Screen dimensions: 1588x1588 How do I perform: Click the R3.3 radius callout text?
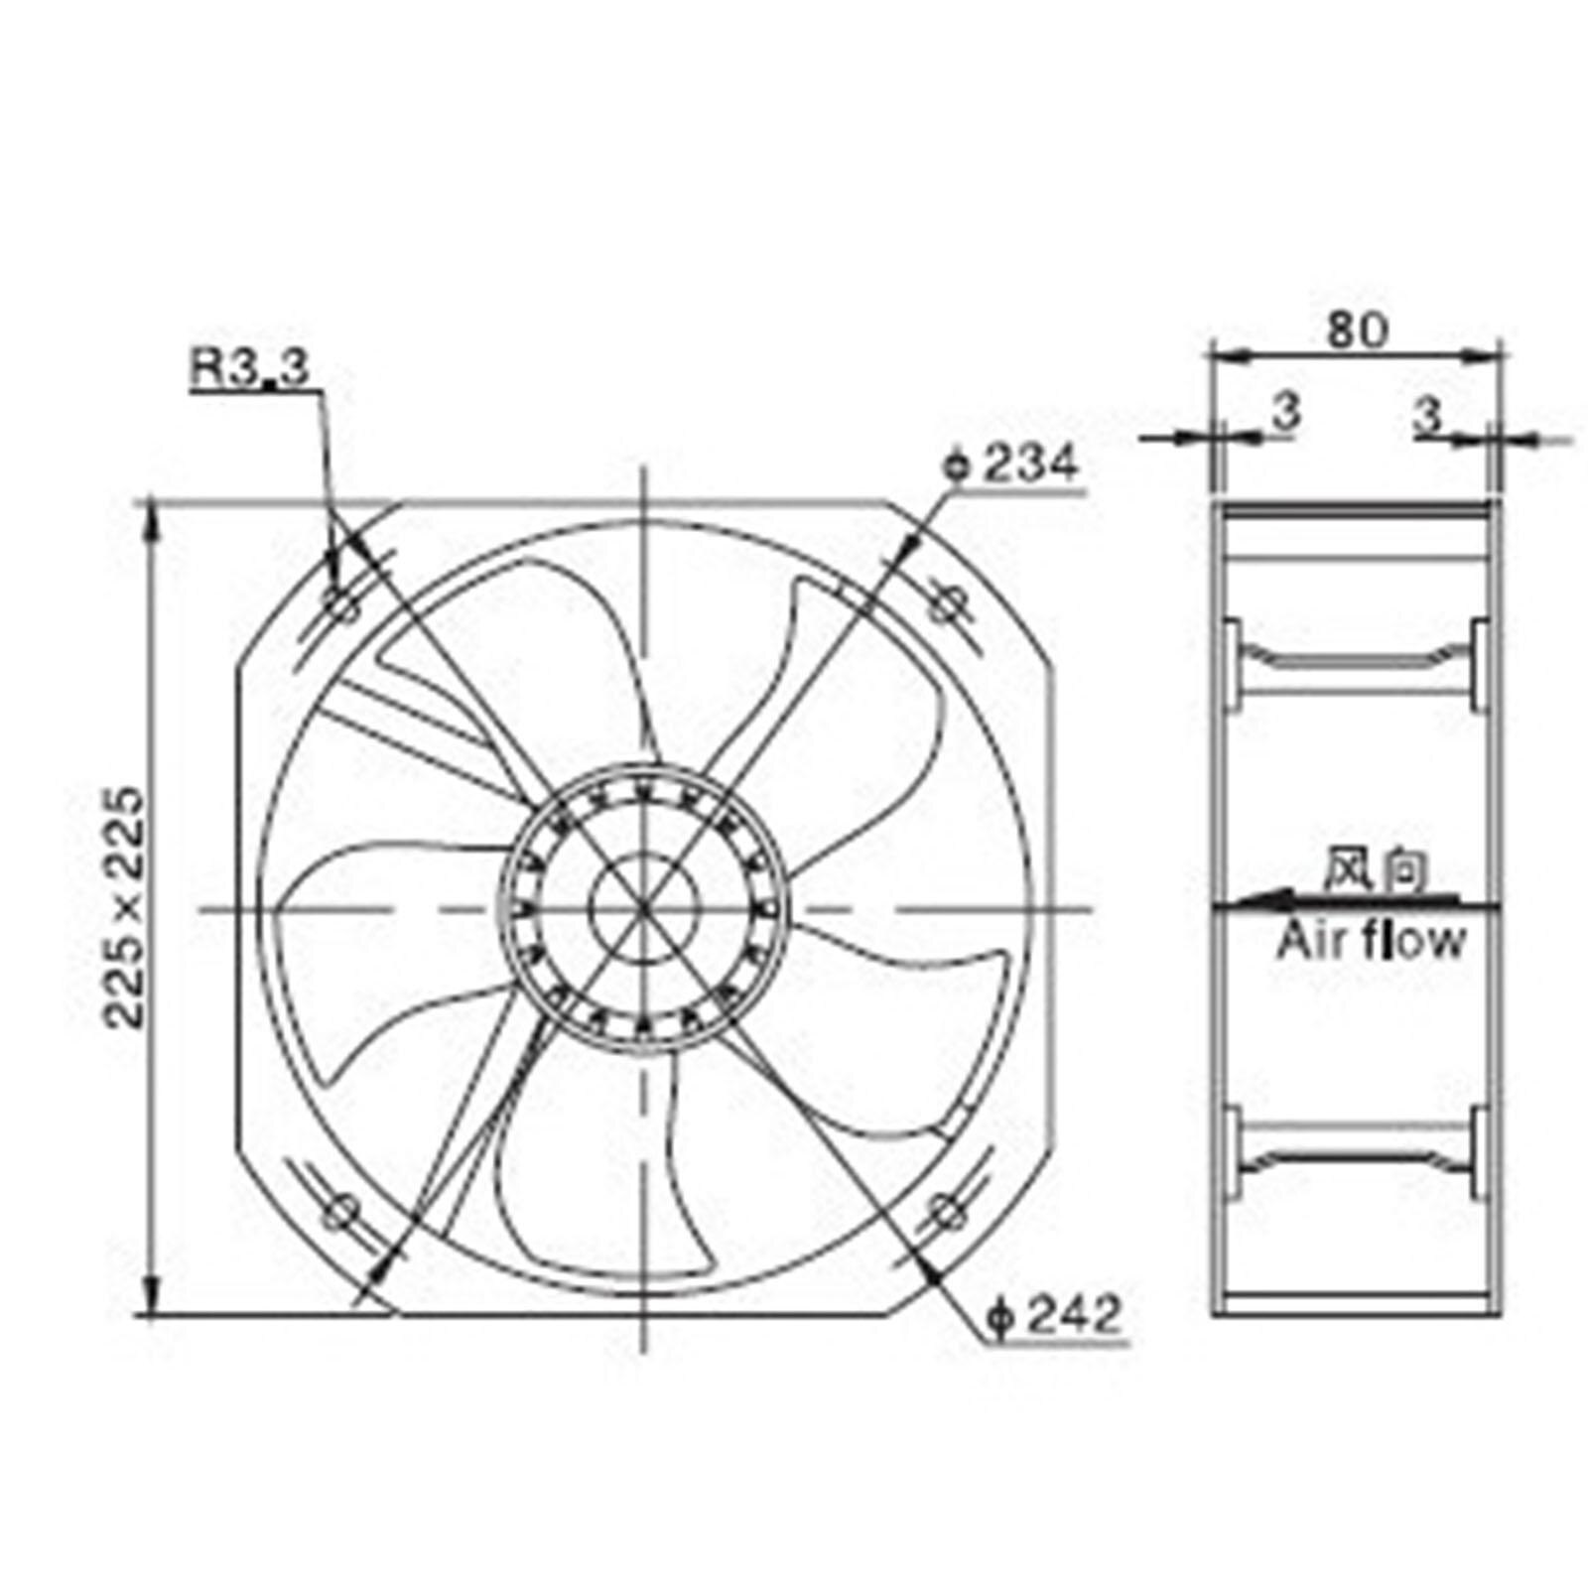pos(250,368)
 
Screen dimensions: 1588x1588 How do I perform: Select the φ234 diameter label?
pos(1010,464)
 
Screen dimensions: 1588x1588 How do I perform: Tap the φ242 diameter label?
pos(1054,1316)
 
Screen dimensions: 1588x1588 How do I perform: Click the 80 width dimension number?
pos(1357,331)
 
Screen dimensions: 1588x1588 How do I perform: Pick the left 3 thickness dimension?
pos(1285,412)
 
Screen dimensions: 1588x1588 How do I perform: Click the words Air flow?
pos(1371,941)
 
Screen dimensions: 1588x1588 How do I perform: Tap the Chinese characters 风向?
pos(1377,870)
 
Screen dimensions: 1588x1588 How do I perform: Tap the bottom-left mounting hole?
pos(343,1210)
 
